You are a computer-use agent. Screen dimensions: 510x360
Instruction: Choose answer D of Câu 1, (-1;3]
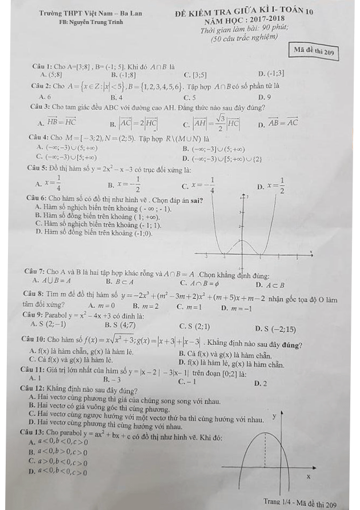[271, 74]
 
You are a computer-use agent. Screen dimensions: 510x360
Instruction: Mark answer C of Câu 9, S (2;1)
[194, 327]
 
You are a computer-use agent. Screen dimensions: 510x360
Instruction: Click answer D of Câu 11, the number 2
[262, 384]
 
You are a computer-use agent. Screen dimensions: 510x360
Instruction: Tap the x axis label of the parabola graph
[309, 476]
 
